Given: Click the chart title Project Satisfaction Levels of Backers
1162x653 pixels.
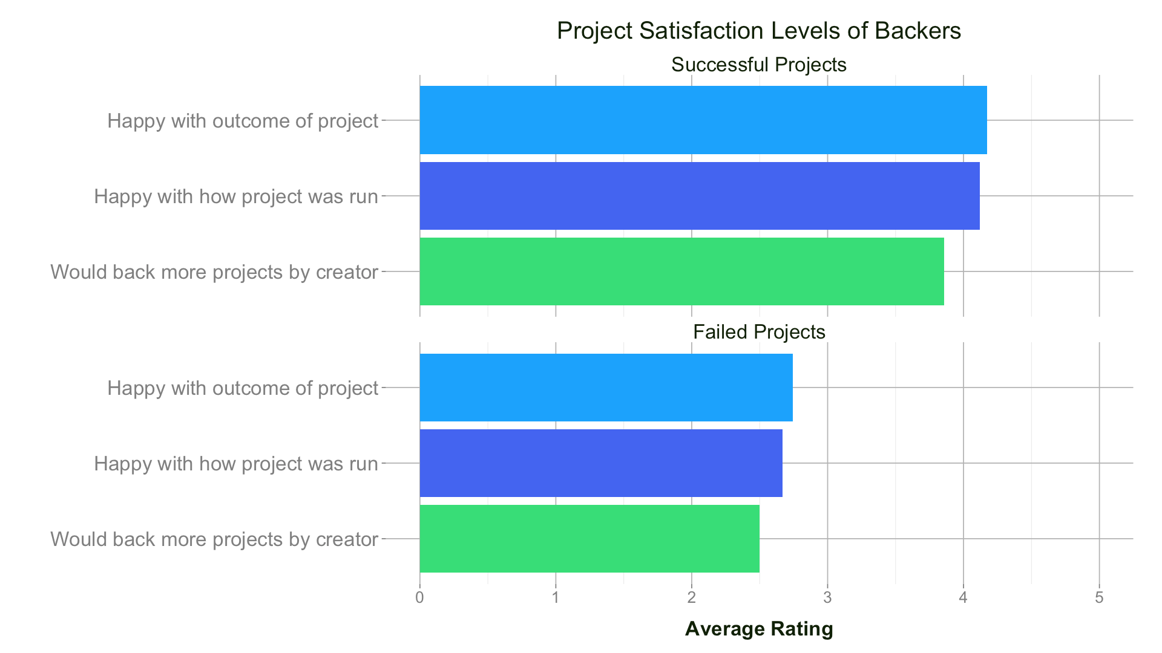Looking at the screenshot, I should pyautogui.click(x=758, y=31).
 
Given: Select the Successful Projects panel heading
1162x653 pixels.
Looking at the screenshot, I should pyautogui.click(x=758, y=65).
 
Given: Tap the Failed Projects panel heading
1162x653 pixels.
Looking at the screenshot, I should pyautogui.click(x=759, y=332).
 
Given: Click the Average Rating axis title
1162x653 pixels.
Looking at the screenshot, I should pyautogui.click(x=759, y=629).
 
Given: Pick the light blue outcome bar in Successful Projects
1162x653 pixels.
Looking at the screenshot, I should pyautogui.click(x=703, y=120).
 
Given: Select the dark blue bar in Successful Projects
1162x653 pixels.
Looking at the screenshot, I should pyautogui.click(x=699, y=196).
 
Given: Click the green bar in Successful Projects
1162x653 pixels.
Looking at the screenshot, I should pyautogui.click(x=681, y=271).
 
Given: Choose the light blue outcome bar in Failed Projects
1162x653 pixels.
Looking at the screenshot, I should pyautogui.click(x=606, y=388).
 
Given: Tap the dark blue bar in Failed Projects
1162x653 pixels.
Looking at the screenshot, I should pyautogui.click(x=600, y=463).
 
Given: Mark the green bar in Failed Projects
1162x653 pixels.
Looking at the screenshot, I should pyautogui.click(x=589, y=539).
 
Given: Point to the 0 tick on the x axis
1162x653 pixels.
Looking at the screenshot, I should pyautogui.click(x=419, y=598).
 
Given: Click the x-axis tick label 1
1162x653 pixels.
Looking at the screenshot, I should pyautogui.click(x=556, y=598).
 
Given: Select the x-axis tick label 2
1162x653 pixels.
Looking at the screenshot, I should pyautogui.click(x=691, y=598).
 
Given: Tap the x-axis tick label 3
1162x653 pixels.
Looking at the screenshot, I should pyautogui.click(x=827, y=598).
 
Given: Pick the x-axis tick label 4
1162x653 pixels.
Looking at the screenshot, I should pyautogui.click(x=963, y=598).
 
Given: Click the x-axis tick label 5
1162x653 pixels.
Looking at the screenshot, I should pyautogui.click(x=1099, y=598).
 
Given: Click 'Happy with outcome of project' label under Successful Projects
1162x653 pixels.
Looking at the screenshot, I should pyautogui.click(x=243, y=121).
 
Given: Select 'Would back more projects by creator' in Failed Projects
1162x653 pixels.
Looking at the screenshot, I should pyautogui.click(x=214, y=539).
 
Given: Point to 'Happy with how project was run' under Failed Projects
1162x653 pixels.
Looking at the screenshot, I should pyautogui.click(x=236, y=464).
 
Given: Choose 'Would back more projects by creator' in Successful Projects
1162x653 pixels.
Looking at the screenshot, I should pyautogui.click(x=214, y=272).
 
